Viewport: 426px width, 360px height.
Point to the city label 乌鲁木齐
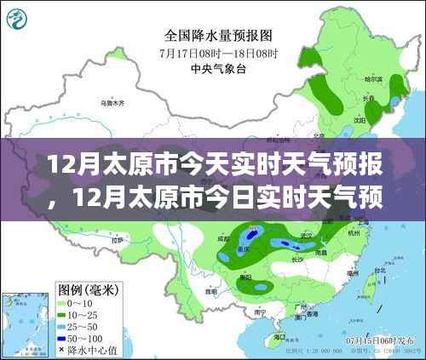112,102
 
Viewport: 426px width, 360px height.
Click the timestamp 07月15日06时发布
375,338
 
